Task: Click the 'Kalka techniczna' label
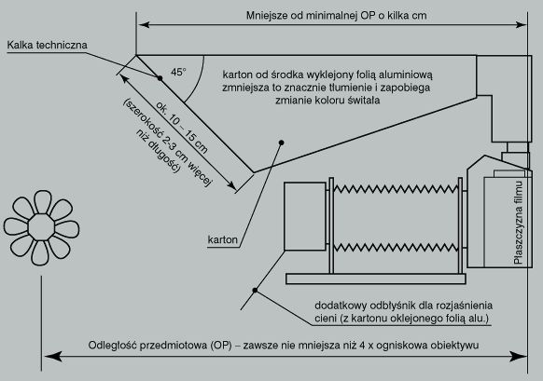coord(47,45)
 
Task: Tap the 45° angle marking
coord(178,72)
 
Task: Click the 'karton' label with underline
coord(223,239)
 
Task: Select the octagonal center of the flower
coord(41,227)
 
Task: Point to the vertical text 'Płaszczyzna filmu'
coord(519,223)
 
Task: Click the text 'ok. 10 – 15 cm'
coord(182,128)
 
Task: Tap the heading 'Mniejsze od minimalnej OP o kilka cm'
coord(336,16)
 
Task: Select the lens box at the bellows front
coord(305,216)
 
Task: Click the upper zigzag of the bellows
coord(396,189)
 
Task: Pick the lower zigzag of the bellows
coord(396,248)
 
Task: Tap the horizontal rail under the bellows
coord(376,279)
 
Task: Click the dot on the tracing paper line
coord(160,78)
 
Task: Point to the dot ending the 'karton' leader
coord(282,143)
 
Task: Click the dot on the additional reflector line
coord(255,290)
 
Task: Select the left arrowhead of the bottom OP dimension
coord(53,356)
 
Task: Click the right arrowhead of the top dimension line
coord(521,25)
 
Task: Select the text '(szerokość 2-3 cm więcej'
coord(167,143)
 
